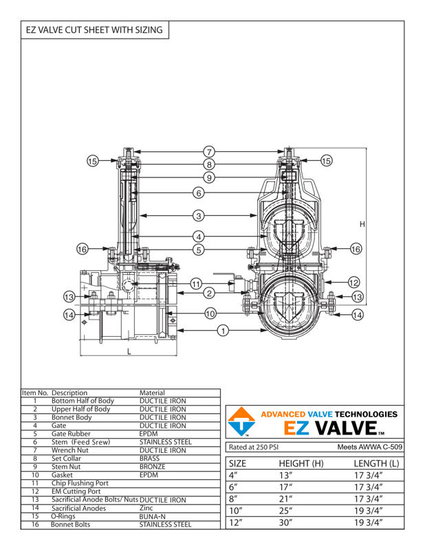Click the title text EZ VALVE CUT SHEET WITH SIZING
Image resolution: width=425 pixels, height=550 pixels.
94,30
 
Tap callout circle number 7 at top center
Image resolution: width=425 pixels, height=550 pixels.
209,152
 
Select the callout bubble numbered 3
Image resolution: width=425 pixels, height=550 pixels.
198,215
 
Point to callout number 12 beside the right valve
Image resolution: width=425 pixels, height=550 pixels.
353,282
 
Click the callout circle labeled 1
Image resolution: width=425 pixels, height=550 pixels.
223,331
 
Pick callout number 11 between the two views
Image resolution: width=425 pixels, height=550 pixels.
196,284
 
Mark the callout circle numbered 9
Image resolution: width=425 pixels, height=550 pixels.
209,177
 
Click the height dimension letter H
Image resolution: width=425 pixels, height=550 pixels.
361,224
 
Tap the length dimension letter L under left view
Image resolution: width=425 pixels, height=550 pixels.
129,351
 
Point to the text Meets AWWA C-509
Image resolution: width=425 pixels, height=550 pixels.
370,447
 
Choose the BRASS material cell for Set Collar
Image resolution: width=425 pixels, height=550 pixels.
151,458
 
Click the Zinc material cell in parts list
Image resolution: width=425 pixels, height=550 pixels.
147,507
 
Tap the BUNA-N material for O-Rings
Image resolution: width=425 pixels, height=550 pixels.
153,516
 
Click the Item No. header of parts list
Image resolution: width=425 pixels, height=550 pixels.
34,393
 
